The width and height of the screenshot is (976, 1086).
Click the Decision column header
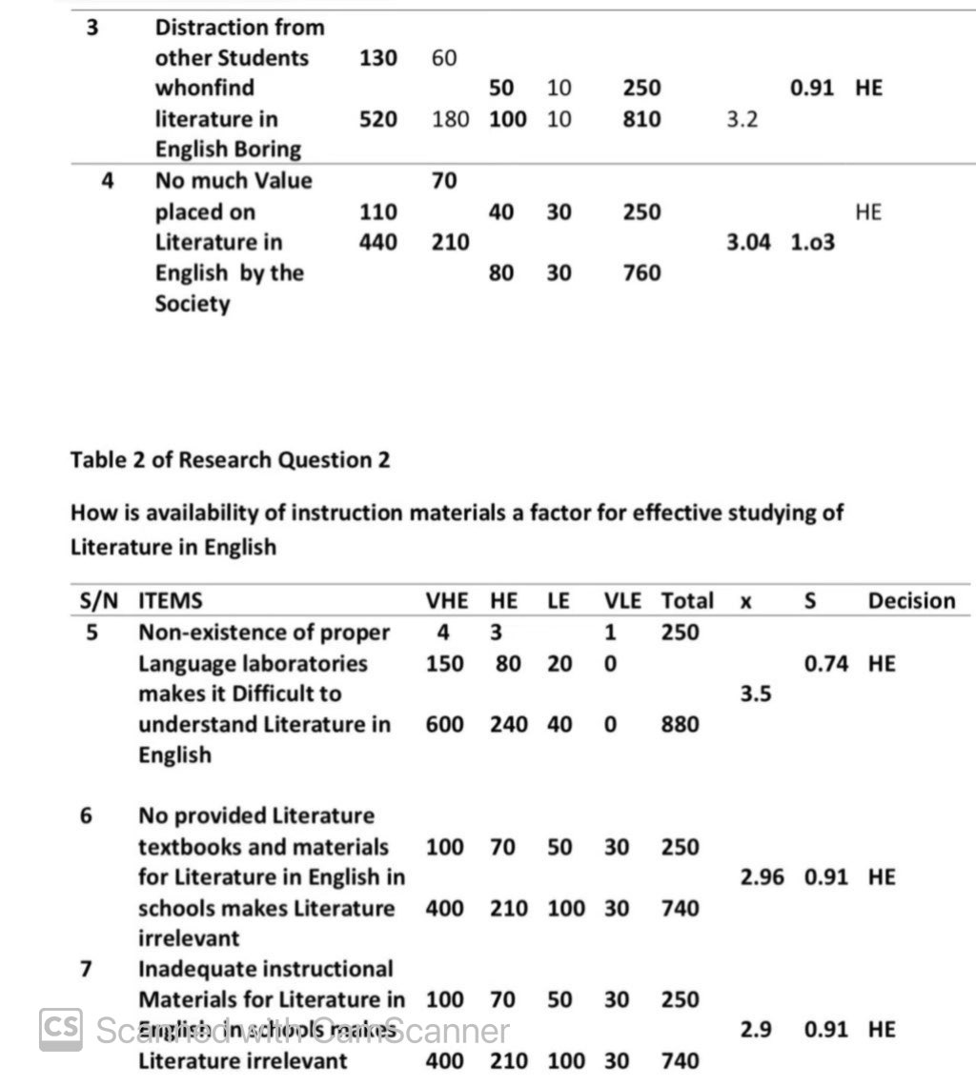(910, 601)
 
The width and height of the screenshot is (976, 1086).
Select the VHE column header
(446, 601)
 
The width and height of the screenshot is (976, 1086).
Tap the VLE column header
(622, 601)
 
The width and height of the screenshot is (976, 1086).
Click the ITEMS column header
(171, 601)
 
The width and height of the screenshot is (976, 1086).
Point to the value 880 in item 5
(680, 725)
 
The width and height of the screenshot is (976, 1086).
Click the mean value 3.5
(755, 694)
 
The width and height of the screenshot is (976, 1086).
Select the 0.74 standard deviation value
(825, 664)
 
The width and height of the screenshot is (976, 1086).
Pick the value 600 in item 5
(444, 725)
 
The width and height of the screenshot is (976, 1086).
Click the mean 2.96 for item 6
(762, 877)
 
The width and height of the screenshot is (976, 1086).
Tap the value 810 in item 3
(641, 120)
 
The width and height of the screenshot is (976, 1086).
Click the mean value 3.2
(742, 120)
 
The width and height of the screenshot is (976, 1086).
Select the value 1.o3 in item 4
(812, 243)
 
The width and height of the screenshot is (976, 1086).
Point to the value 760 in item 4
(641, 273)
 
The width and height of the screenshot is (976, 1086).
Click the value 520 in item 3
(377, 120)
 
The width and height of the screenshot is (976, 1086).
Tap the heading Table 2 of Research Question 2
(230, 460)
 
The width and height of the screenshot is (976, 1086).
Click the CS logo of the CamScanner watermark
(60, 1029)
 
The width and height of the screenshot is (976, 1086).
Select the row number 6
(87, 816)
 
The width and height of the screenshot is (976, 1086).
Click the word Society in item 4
(193, 305)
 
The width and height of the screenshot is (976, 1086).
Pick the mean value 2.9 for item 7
(755, 1030)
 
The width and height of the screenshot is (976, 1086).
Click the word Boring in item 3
(264, 150)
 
